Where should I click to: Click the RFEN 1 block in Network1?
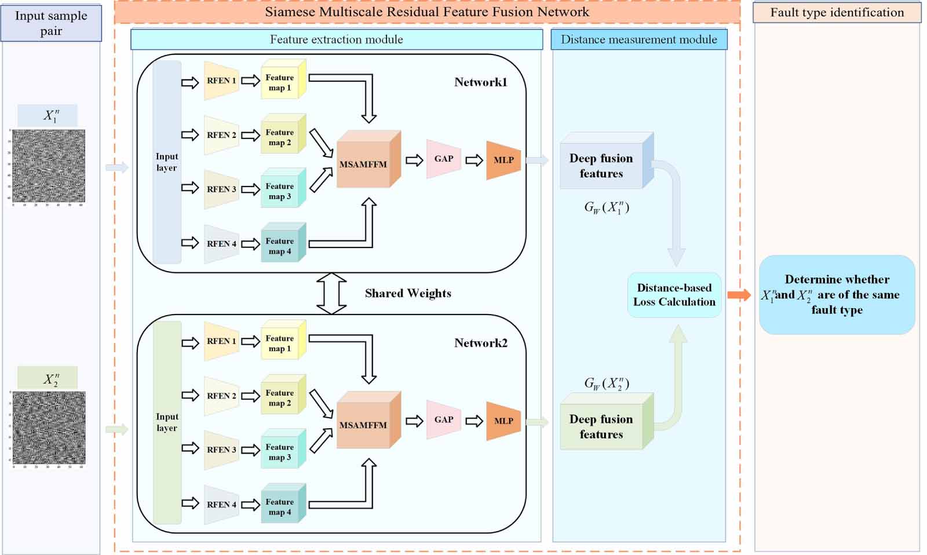tap(221, 81)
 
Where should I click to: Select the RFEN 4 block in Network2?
tap(221, 505)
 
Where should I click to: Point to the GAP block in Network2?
tap(443, 419)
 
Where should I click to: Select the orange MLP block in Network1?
tap(503, 160)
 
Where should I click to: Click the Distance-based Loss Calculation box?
tap(674, 295)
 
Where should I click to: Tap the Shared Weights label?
tap(408, 293)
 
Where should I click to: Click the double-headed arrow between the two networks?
tap(331, 294)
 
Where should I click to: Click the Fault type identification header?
tap(837, 13)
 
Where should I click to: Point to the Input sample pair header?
tap(51, 23)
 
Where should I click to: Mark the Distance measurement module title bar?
tap(638, 39)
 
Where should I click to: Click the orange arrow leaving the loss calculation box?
tap(739, 295)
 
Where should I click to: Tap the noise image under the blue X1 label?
tap(49, 166)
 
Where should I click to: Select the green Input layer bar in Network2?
tap(167, 423)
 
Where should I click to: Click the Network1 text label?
tap(480, 82)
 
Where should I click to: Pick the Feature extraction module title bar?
tap(336, 39)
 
